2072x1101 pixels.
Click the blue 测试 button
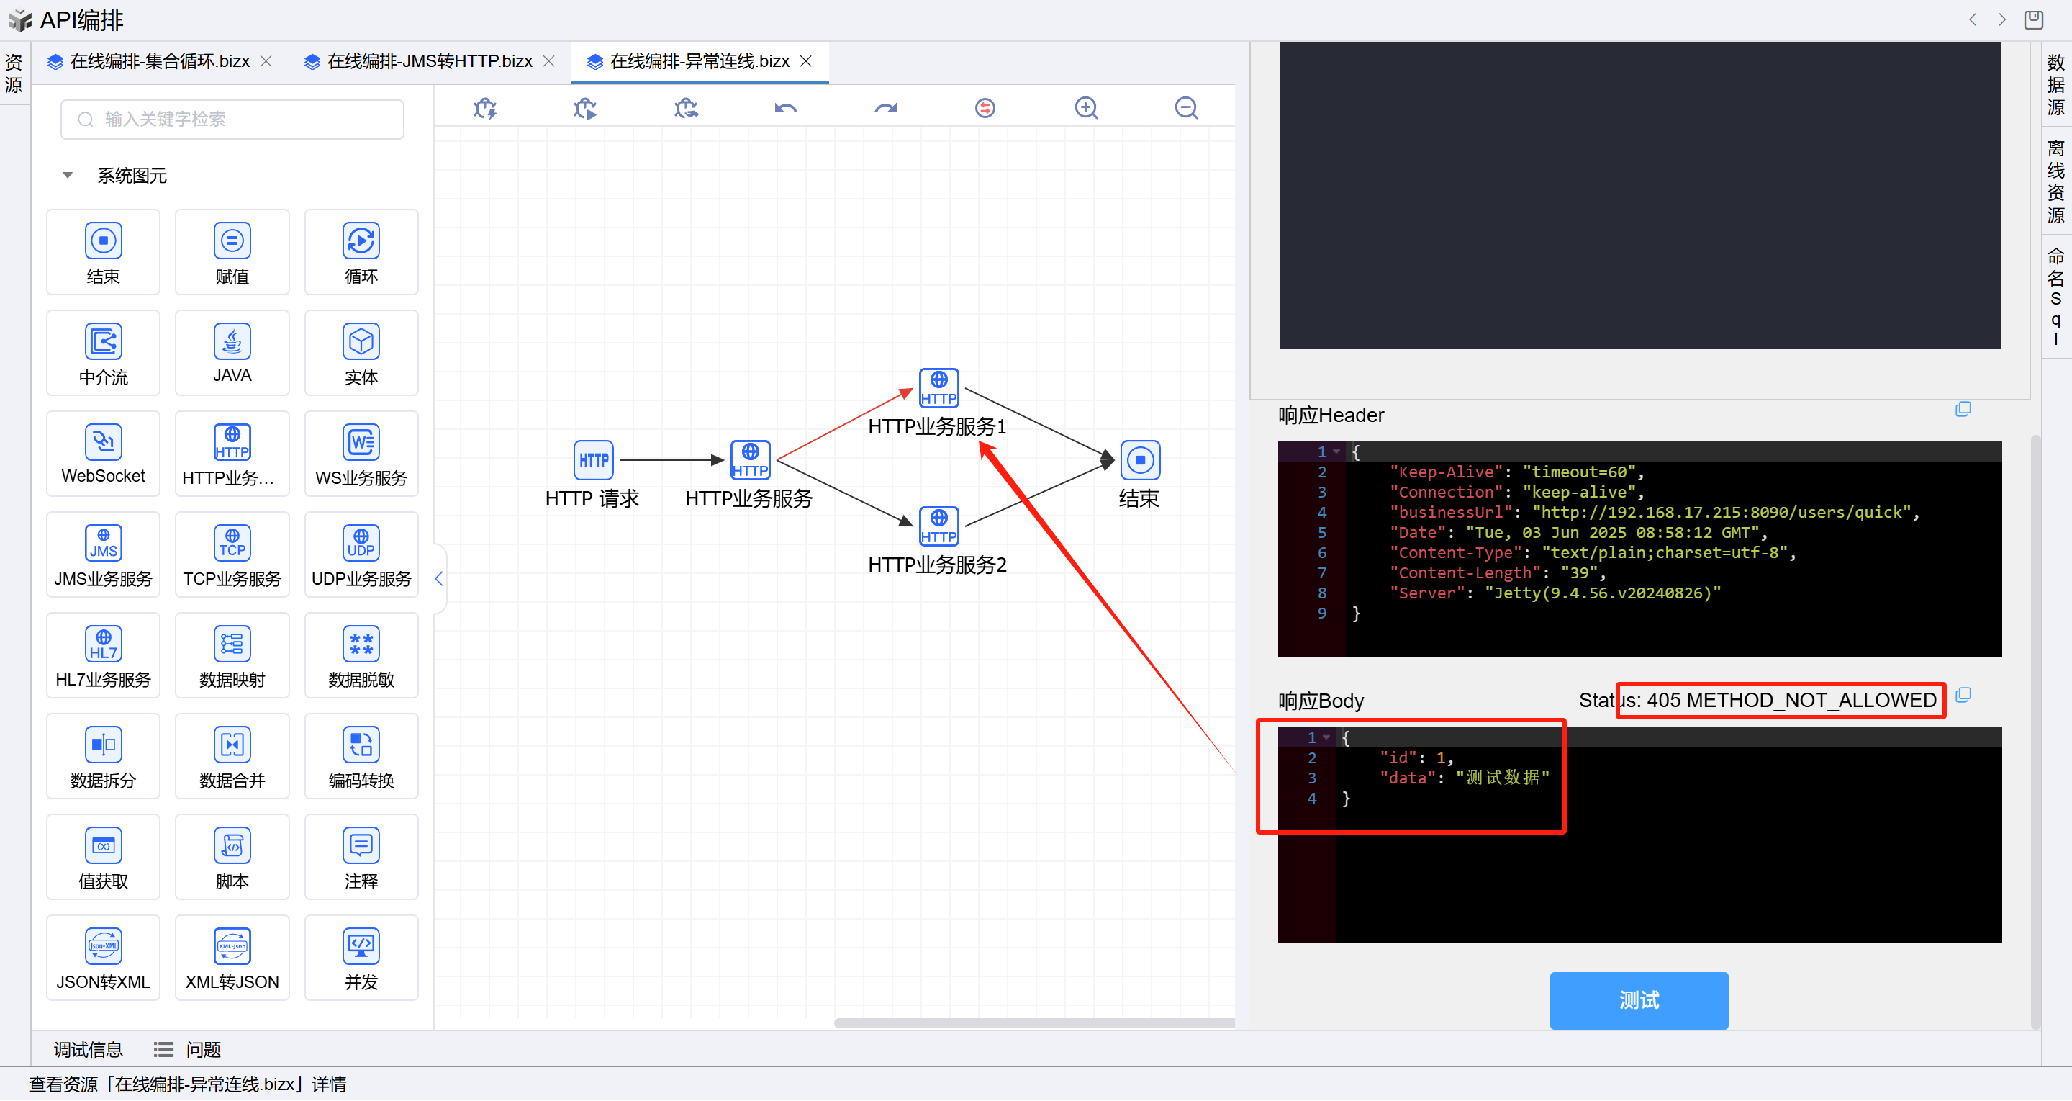(1639, 999)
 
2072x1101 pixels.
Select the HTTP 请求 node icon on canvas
(594, 460)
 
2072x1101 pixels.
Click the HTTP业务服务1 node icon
(938, 388)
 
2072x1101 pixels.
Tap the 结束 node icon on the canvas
(1140, 460)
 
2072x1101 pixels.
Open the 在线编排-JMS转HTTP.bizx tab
(430, 61)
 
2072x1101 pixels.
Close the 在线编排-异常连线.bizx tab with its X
(806, 61)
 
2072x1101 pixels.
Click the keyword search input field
(233, 119)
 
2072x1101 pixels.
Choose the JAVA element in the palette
(232, 351)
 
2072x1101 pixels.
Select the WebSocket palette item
(103, 453)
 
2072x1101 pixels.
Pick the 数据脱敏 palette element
(361, 655)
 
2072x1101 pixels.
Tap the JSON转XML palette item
(103, 957)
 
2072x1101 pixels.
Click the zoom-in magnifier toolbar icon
(1086, 108)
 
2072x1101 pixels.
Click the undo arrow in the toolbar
(785, 108)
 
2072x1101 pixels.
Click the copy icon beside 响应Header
(1963, 410)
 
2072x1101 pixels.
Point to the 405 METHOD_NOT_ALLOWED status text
(1791, 700)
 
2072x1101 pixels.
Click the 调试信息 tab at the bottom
(88, 1049)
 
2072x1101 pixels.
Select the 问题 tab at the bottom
(203, 1049)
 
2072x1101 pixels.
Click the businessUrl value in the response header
(1721, 513)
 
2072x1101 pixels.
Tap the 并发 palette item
(361, 957)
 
